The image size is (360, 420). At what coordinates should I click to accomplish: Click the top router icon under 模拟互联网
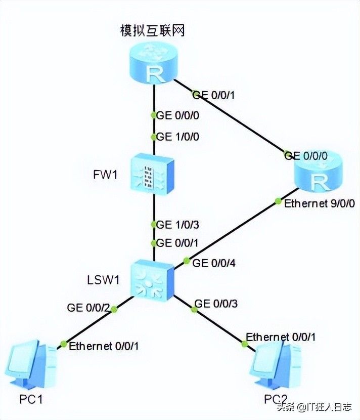153,63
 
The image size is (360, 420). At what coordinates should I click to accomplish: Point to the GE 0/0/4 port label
214,263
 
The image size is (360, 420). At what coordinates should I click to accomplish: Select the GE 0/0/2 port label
88,307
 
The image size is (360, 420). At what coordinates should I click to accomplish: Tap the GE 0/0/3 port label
216,304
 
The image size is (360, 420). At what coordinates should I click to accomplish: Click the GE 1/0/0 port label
178,137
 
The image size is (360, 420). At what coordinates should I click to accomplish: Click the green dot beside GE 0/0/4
186,262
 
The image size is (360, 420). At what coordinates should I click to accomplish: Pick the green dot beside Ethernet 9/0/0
278,201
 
